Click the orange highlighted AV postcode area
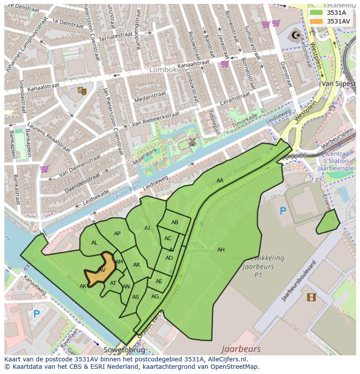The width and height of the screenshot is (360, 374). [102, 270]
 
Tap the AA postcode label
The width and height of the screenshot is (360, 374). [220, 181]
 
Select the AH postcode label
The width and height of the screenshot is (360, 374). [221, 250]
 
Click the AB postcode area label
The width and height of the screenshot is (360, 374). [175, 222]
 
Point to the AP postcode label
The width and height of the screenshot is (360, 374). [117, 234]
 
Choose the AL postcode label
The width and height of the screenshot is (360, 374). [94, 243]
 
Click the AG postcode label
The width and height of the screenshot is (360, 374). [155, 297]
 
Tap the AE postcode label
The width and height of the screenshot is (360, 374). [159, 281]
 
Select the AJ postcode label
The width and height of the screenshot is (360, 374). [147, 228]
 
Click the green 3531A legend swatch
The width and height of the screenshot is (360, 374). [316, 13]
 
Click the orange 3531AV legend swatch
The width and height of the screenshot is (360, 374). [316, 21]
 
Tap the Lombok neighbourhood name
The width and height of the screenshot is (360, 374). [163, 70]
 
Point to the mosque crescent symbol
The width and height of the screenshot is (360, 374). [296, 35]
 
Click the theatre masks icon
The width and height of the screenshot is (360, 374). [81, 90]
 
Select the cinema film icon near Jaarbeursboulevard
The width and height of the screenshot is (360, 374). [311, 297]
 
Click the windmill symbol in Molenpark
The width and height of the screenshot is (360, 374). [192, 142]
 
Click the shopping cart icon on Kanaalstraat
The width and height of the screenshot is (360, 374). [225, 64]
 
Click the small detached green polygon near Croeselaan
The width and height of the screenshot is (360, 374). [328, 222]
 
